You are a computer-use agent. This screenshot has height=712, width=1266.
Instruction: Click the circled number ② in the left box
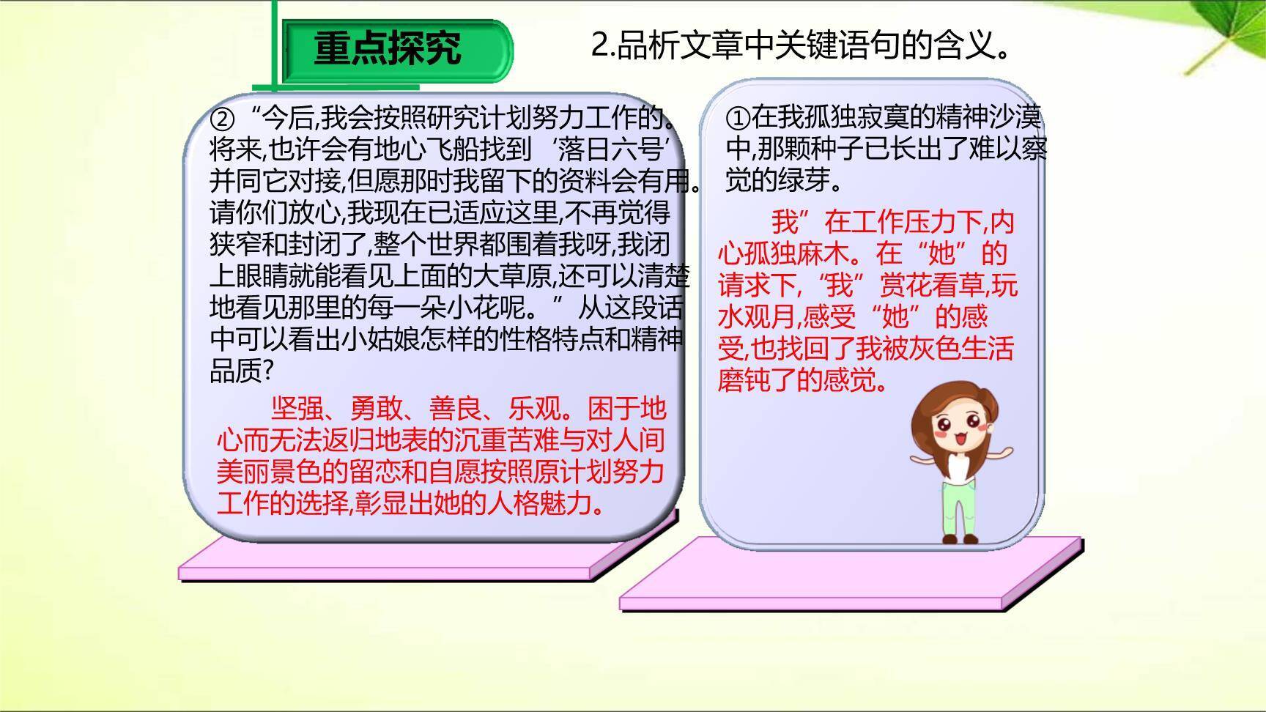click(x=221, y=118)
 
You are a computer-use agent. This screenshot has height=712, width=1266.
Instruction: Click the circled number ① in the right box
click(x=737, y=117)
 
